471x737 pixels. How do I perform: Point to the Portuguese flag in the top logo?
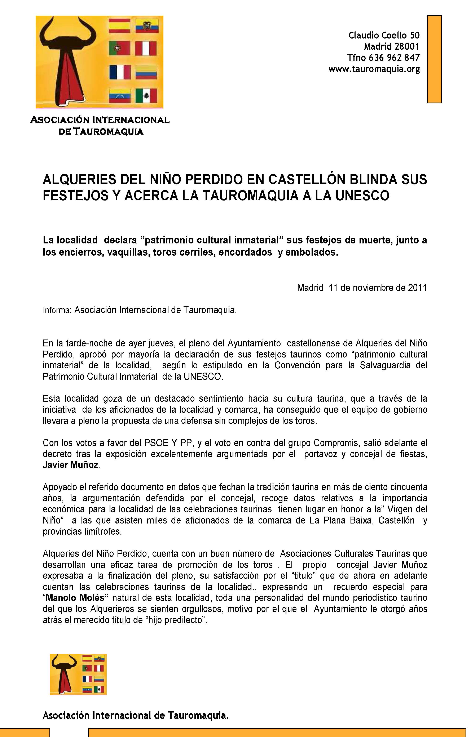click(119, 49)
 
